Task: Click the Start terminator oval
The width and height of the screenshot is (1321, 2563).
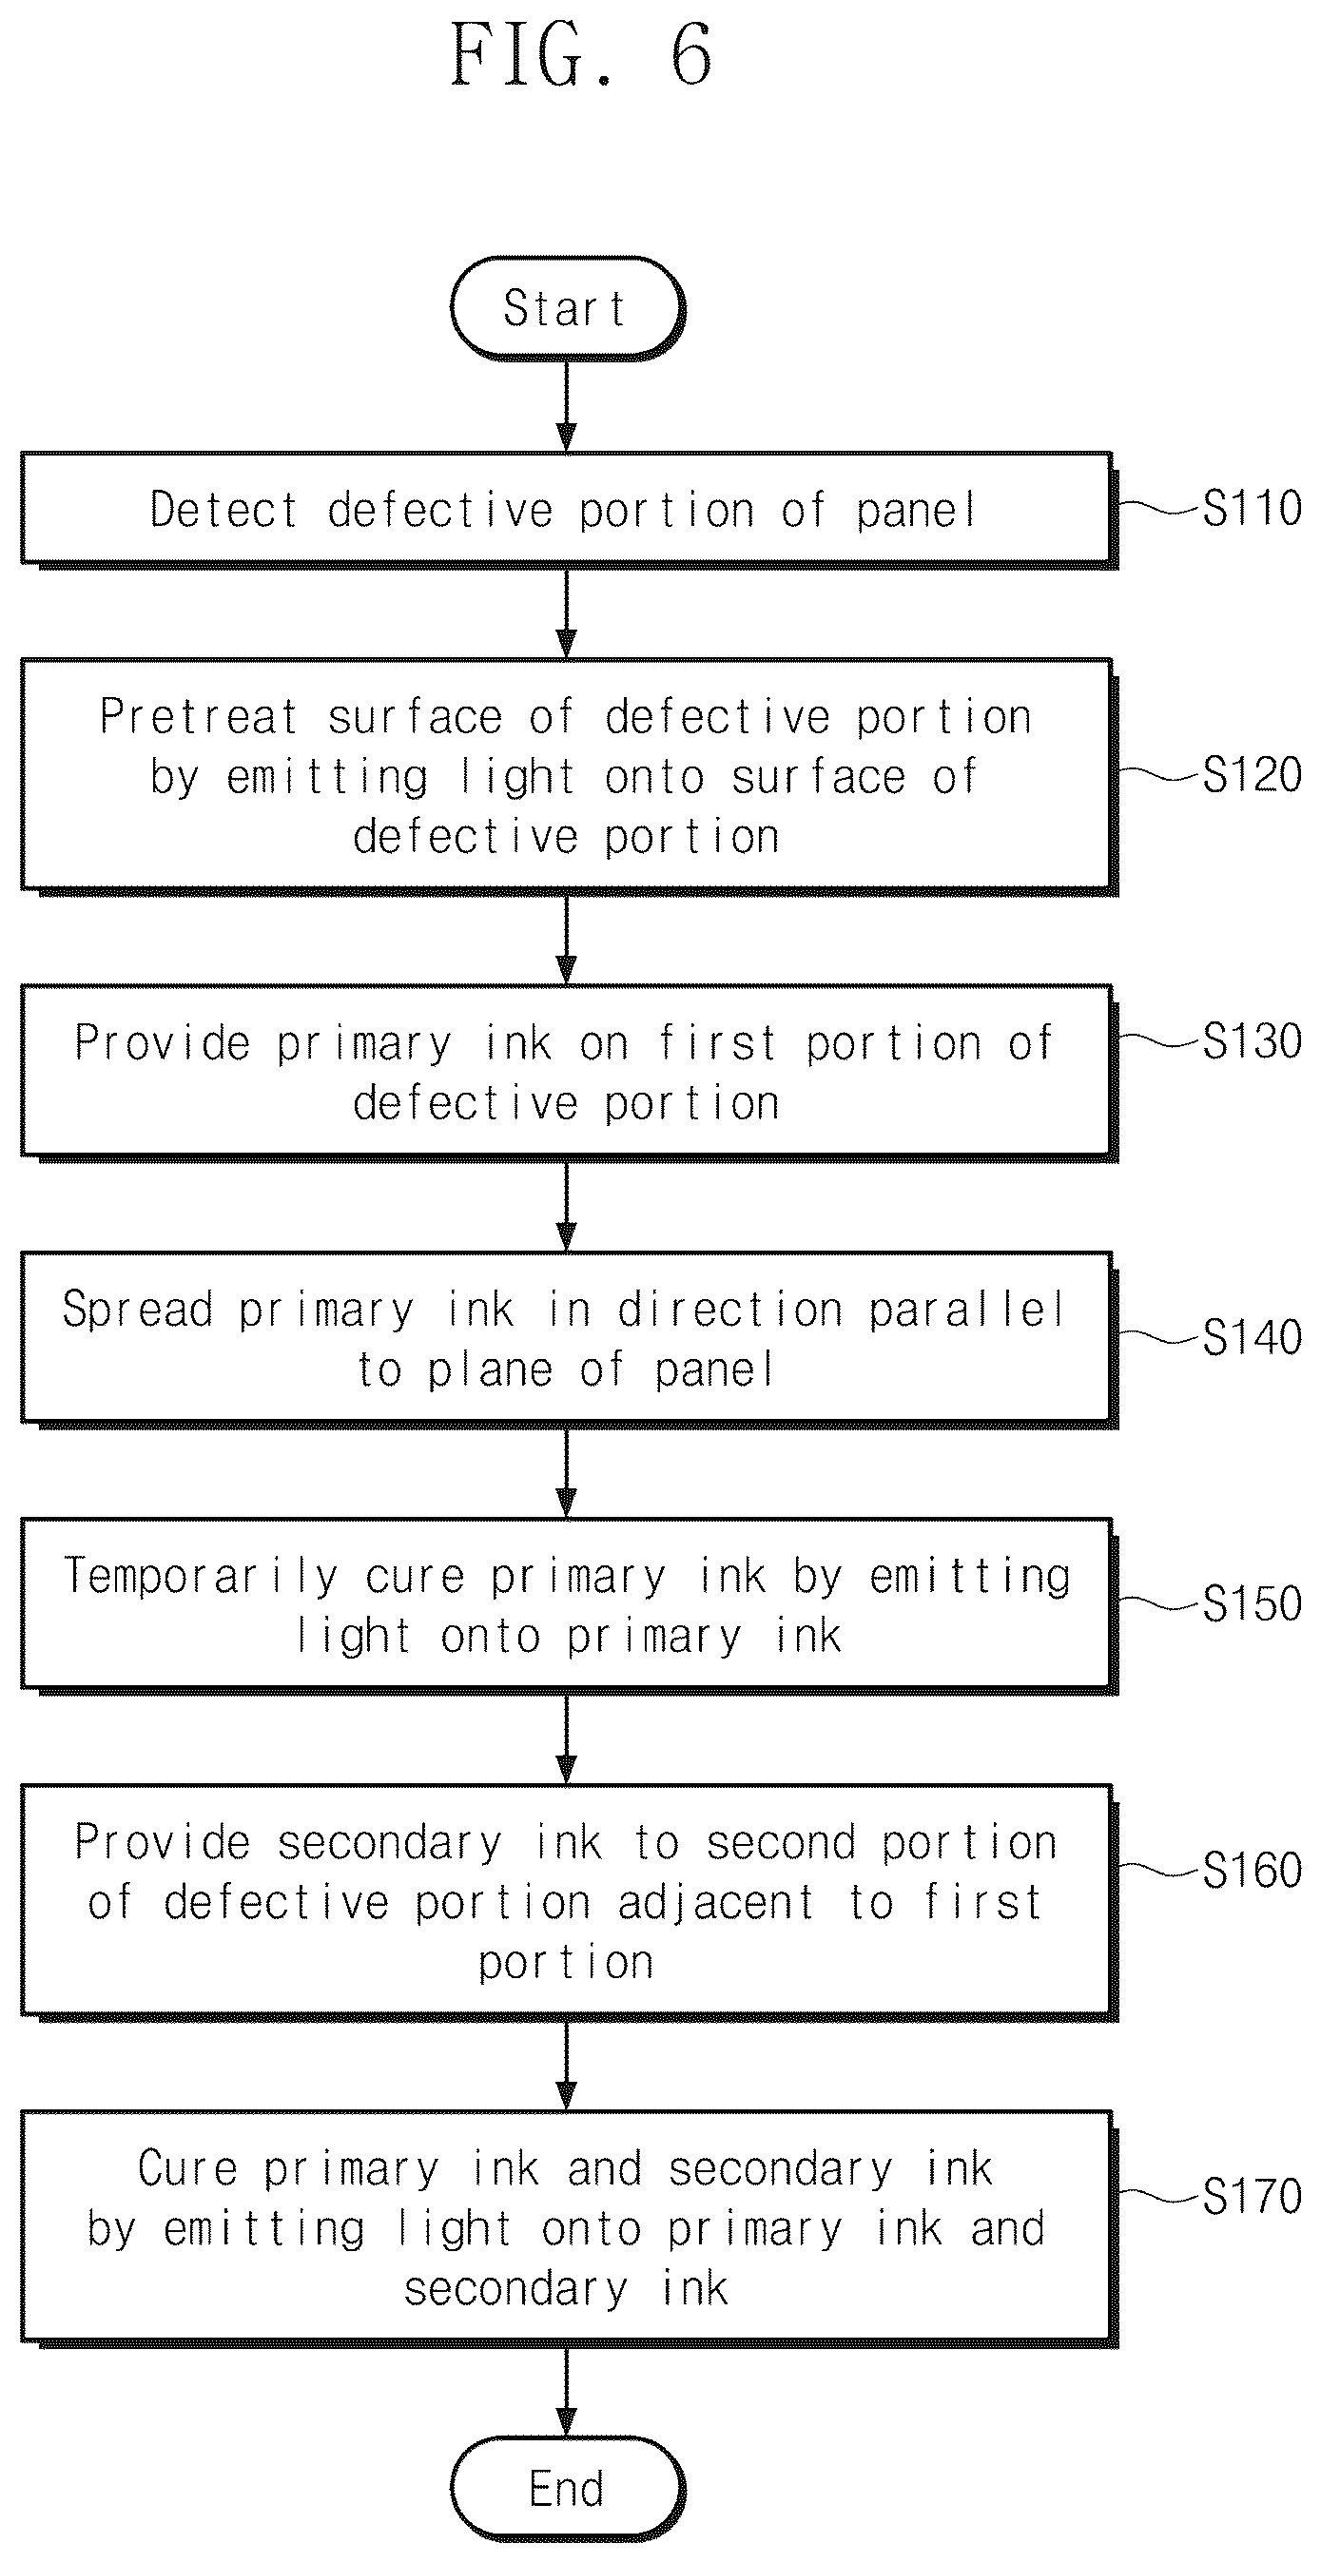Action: pos(567,307)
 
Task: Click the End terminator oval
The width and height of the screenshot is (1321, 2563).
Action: pos(567,2489)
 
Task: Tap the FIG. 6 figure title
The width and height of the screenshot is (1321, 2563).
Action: pos(582,55)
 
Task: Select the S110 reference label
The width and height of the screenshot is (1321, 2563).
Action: pos(1253,509)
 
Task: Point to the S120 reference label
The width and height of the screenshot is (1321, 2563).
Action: pos(1253,774)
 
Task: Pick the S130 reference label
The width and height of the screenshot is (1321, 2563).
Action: pos(1253,1040)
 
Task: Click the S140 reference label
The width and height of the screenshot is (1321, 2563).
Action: pos(1253,1336)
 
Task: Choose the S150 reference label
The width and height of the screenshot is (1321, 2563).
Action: pos(1253,1602)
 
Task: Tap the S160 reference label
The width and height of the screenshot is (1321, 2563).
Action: pos(1253,1870)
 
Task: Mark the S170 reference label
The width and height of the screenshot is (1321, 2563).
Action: pos(1253,2196)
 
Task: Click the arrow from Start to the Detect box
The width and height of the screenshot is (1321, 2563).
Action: pos(566,406)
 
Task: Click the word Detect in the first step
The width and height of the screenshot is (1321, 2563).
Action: pos(223,510)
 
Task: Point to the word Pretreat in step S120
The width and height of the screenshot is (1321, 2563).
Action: pos(199,716)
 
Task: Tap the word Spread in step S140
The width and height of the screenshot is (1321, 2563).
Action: pos(137,1310)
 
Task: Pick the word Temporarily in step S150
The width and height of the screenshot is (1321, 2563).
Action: pos(201,1577)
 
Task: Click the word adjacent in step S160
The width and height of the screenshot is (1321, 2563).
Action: pos(716,1903)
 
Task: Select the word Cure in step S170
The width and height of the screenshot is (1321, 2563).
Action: pos(188,2168)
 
